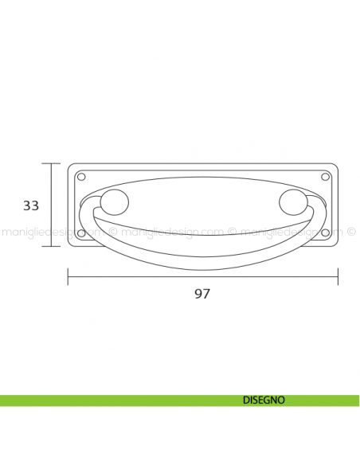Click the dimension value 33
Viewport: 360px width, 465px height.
[x=31, y=205]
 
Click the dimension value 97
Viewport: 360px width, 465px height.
[x=202, y=294]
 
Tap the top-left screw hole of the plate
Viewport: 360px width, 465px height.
[x=80, y=176]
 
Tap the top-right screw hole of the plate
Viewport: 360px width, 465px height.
[x=324, y=176]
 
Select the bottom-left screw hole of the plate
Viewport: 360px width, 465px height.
[x=80, y=233]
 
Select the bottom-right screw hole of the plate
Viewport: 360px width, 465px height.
[x=324, y=233]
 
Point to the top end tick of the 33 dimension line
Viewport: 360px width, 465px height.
[x=53, y=163]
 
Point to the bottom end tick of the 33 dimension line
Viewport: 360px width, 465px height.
[x=53, y=246]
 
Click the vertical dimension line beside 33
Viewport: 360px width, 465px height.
[x=53, y=205]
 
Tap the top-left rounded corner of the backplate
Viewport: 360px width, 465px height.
[x=71, y=166]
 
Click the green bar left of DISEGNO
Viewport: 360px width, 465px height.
[x=112, y=401]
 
